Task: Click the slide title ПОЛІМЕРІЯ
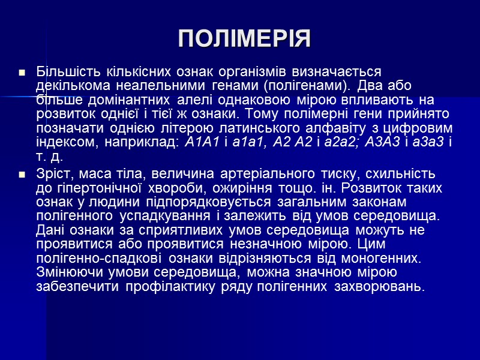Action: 244,38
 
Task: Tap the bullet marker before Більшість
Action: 22,73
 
